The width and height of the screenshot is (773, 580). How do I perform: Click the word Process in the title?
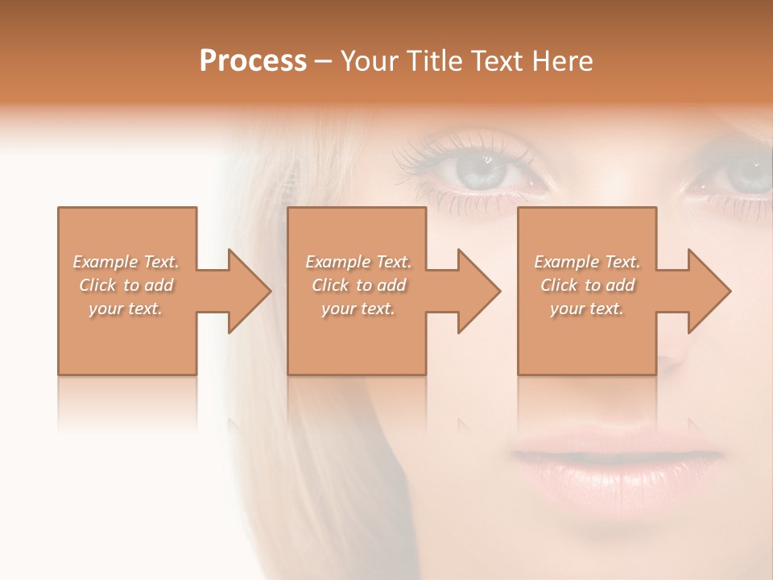point(253,61)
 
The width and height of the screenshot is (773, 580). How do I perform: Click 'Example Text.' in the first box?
point(126,262)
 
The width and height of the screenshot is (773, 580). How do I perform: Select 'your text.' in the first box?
point(126,309)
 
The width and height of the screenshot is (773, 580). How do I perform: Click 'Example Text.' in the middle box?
point(358,262)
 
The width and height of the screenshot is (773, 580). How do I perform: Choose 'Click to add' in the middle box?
point(358,285)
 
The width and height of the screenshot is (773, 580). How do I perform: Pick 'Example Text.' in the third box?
point(587,262)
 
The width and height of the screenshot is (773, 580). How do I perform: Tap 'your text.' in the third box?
point(587,309)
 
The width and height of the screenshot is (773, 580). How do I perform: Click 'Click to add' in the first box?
point(126,285)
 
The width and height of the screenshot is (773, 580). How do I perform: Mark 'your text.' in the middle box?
point(358,309)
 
